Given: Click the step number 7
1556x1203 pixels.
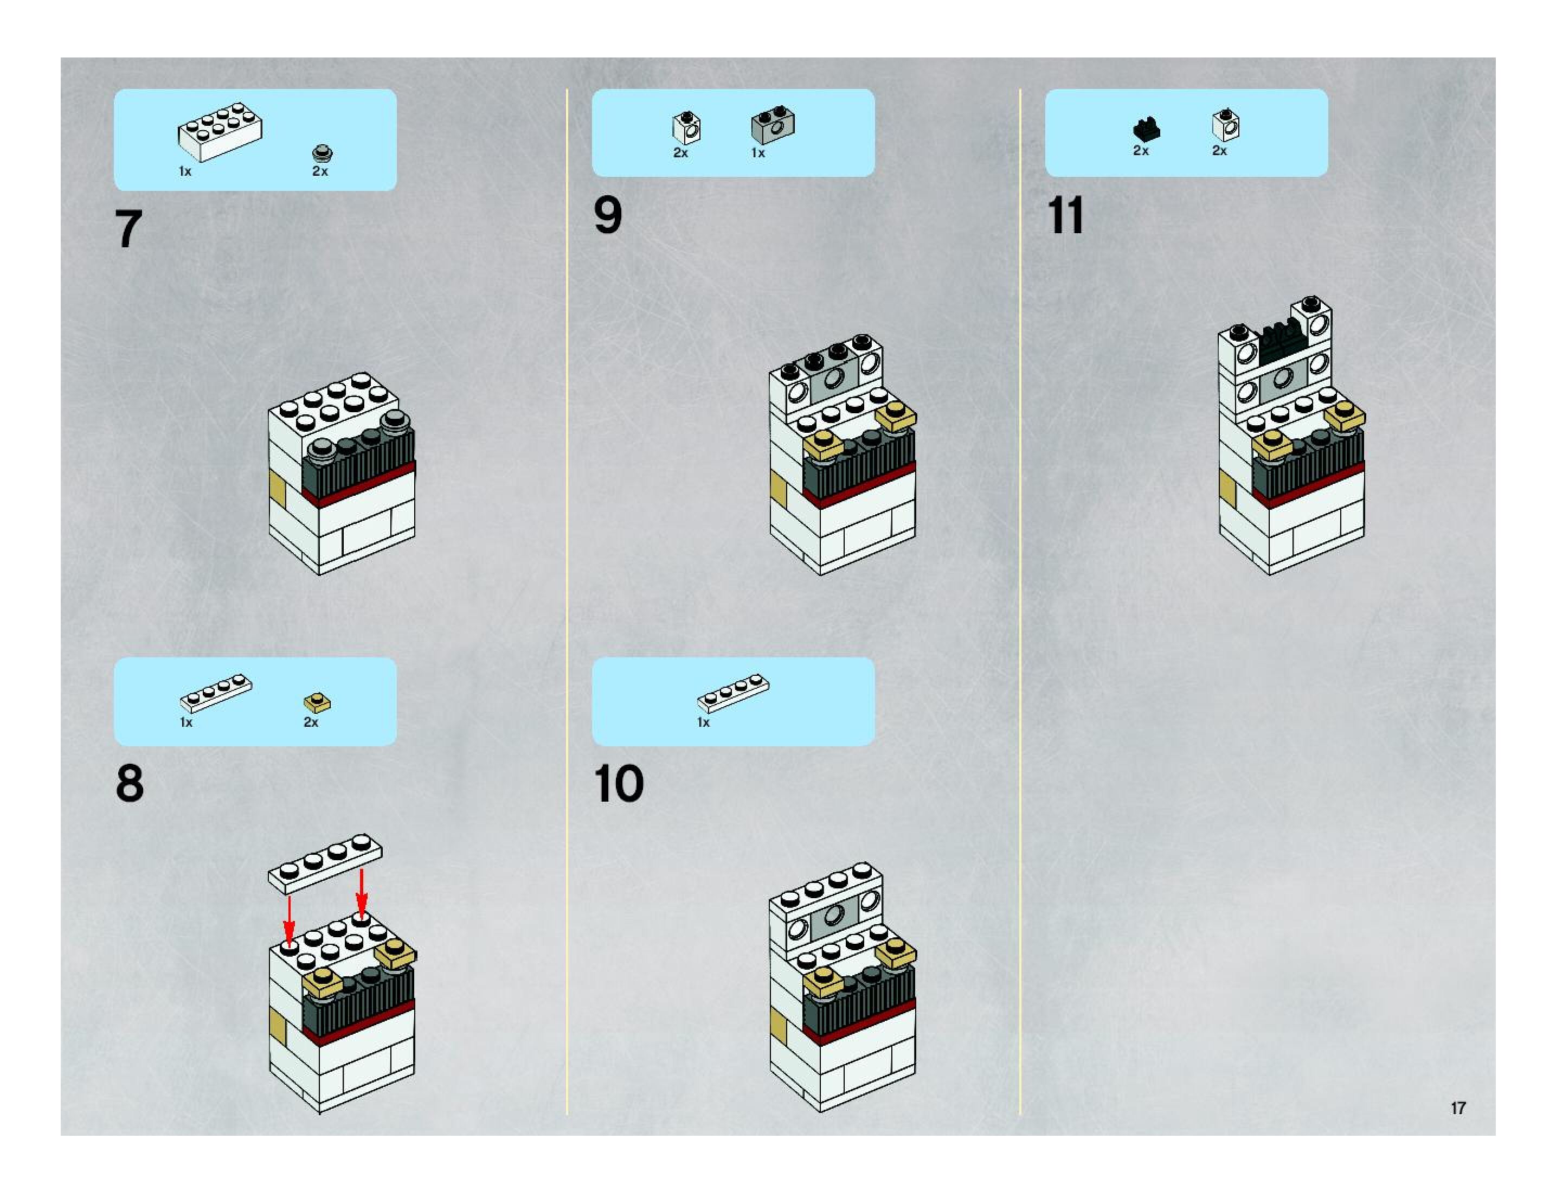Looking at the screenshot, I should pos(128,229).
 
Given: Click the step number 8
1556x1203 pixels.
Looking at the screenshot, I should pos(130,783).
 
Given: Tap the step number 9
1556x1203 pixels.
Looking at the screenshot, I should pos(608,215).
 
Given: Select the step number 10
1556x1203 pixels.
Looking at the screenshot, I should pos(619,784).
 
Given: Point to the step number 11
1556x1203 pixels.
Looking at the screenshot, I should pos(1066,215).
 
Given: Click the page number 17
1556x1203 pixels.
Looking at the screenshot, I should pos(1458,1108).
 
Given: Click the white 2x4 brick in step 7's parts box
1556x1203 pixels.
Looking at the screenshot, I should pos(220,131).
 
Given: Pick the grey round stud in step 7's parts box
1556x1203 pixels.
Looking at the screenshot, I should pos(323,152).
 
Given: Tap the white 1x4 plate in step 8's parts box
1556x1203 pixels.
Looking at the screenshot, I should pos(216,693).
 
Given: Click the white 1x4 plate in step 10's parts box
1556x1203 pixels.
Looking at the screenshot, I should pos(733,693).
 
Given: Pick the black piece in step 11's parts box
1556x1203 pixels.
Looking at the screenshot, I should pos(1146,129).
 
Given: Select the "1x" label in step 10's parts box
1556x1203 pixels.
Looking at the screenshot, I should pos(703,722).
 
